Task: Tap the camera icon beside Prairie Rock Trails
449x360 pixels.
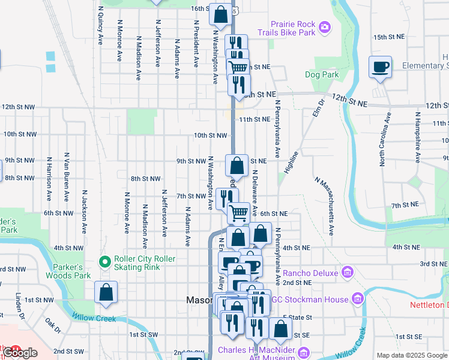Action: pos(325,26)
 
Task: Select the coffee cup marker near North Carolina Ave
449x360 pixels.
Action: pos(381,67)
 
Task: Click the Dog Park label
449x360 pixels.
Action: pos(322,75)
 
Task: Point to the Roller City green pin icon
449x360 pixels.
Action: pos(106,262)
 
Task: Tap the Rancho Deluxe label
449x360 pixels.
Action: pos(311,274)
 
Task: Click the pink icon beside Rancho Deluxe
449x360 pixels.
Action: pos(347,274)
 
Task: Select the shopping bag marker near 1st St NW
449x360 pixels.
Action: pos(106,293)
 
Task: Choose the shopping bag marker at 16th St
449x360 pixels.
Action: pos(220,15)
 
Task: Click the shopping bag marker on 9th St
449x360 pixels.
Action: pos(237,166)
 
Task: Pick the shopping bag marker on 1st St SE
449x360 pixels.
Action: pos(280,329)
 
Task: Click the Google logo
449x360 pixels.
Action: pos(19,353)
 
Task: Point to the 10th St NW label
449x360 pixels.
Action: pos(210,136)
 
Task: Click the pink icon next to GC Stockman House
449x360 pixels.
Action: pos(358,298)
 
